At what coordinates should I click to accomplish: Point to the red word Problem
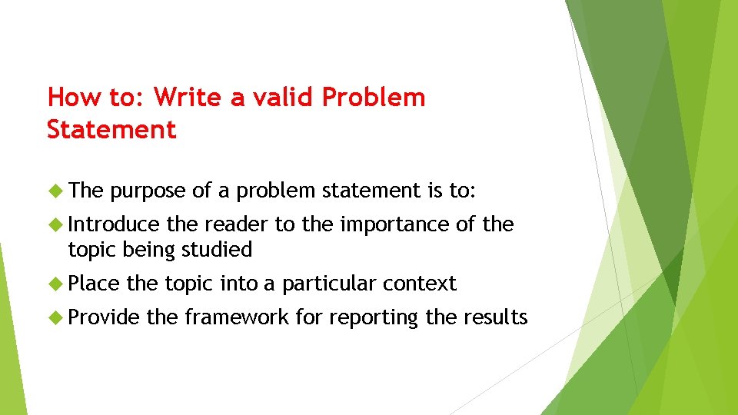point(374,98)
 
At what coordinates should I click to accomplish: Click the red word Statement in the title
point(111,129)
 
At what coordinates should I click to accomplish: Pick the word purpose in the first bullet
point(148,191)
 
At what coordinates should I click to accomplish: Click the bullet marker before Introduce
point(55,224)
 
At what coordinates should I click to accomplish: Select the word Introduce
point(114,224)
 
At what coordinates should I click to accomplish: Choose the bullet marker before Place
point(55,284)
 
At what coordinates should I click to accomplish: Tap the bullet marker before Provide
point(55,317)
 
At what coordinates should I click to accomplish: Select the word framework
point(238,317)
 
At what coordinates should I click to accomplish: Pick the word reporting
point(374,318)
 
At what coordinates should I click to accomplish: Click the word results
point(496,317)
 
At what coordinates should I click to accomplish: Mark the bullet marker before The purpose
point(55,191)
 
